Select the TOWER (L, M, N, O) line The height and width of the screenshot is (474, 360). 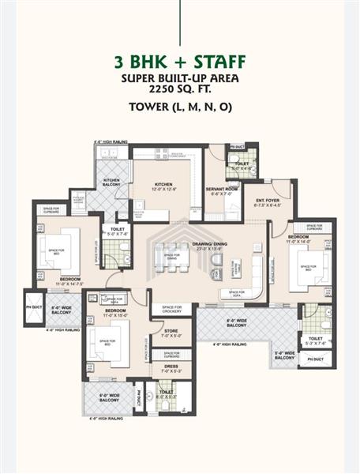pyautogui.click(x=179, y=107)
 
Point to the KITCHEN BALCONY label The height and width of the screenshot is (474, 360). pyautogui.click(x=111, y=182)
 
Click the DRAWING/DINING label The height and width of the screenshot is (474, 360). pyautogui.click(x=209, y=246)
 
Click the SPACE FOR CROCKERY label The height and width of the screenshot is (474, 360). pyautogui.click(x=171, y=309)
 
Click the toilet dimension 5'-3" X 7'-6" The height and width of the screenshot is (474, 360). pyautogui.click(x=314, y=343)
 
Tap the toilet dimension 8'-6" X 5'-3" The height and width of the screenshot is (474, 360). pyautogui.click(x=166, y=397)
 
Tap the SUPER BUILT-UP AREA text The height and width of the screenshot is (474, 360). pyautogui.click(x=179, y=77)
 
